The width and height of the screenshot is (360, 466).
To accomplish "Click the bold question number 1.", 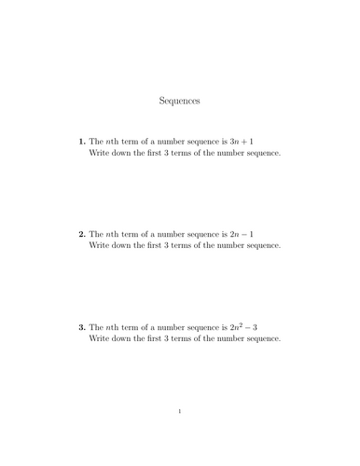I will click(81, 141).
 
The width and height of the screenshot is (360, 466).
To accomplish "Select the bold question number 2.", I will click(81, 234).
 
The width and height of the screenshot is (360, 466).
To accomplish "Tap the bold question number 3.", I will click(81, 327).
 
